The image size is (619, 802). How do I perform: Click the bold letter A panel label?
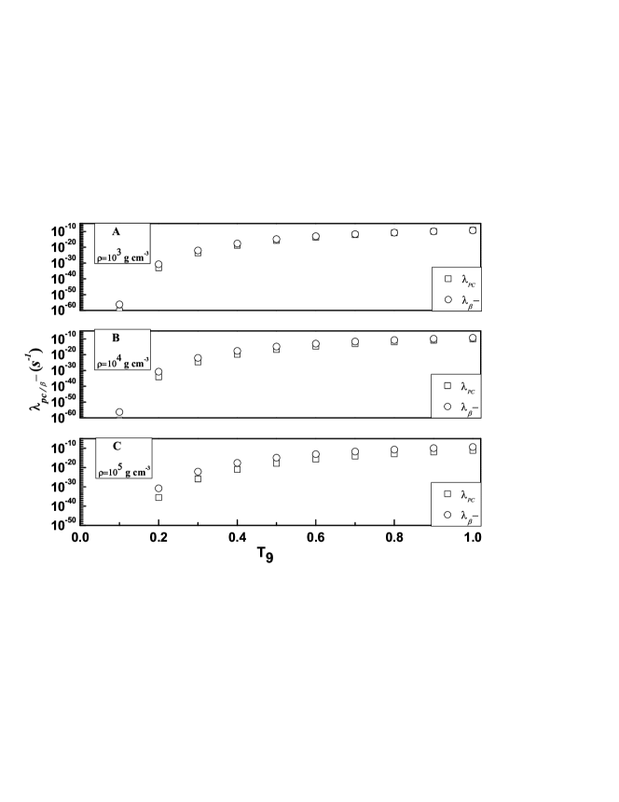(117, 231)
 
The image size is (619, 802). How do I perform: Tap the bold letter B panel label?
(117, 339)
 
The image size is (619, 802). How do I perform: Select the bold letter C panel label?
(117, 446)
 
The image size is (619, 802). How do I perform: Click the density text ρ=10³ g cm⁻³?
(123, 254)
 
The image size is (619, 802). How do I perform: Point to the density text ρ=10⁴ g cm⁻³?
(123, 361)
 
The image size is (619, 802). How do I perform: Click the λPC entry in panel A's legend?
(461, 279)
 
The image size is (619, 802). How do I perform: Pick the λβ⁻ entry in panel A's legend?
(461, 300)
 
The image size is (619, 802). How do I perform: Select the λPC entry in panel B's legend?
(461, 386)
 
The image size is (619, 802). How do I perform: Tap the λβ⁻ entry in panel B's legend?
(461, 408)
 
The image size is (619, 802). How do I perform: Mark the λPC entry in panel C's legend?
(461, 493)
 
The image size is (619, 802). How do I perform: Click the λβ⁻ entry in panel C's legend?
(461, 515)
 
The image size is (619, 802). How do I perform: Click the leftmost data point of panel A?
(119, 305)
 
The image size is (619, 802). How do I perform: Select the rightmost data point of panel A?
(473, 229)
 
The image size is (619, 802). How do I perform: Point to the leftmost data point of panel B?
(119, 412)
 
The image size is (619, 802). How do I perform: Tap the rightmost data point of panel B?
(473, 338)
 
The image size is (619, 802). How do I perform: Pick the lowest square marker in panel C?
(158, 497)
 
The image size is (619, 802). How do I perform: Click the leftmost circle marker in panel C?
(158, 489)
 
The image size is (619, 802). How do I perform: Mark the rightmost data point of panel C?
(473, 448)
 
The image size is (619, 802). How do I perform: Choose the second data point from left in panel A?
(158, 265)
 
